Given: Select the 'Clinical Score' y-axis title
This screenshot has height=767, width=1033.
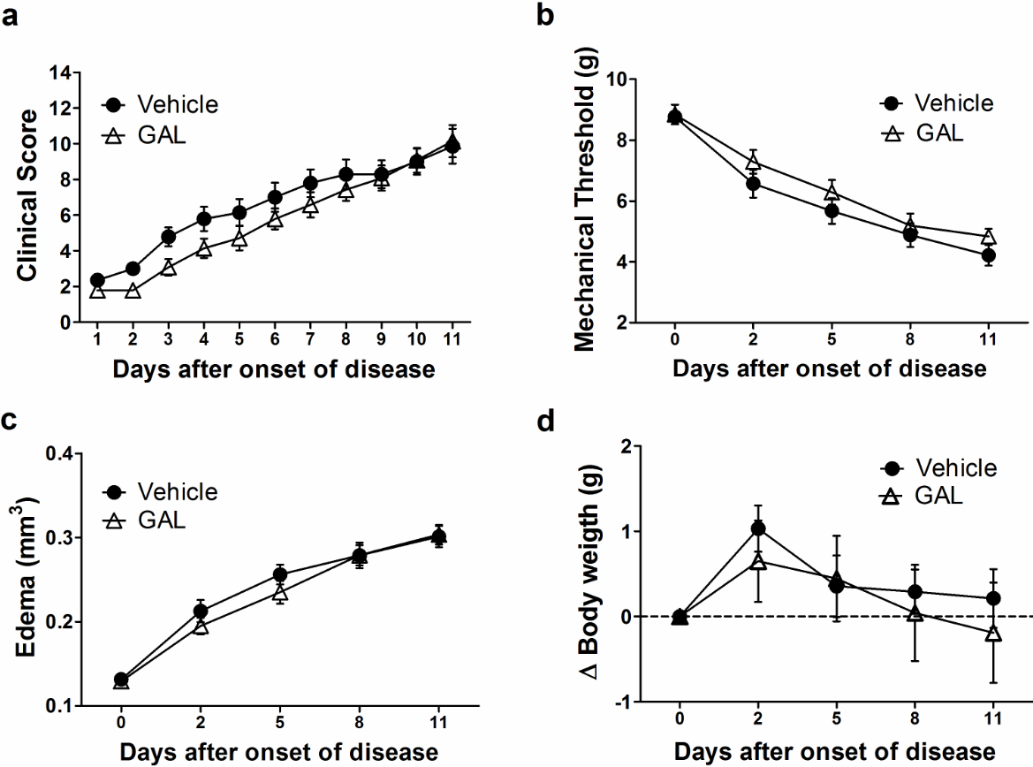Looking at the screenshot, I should [29, 196].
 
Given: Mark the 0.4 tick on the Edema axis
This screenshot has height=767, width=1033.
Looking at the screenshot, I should [61, 454].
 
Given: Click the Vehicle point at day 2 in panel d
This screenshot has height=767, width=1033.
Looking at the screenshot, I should [758, 528].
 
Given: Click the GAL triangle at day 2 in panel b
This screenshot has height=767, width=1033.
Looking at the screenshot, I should [753, 162].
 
